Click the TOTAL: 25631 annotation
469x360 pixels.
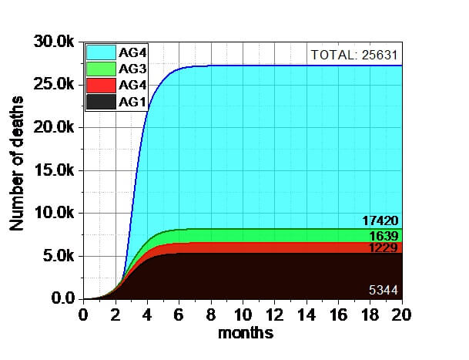tap(355, 55)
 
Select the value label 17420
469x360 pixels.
tap(380, 221)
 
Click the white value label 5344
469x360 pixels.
tap(383, 291)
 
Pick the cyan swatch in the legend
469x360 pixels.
tap(101, 52)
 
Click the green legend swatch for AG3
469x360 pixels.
tap(101, 69)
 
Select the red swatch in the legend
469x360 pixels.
tap(101, 85)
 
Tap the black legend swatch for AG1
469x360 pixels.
tap(101, 101)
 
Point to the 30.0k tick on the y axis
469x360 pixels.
tap(54, 42)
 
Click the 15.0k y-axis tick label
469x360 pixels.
tap(54, 170)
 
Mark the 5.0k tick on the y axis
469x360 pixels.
tap(59, 256)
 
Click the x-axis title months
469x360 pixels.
tap(245, 334)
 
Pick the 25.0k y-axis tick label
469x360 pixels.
tap(54, 85)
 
